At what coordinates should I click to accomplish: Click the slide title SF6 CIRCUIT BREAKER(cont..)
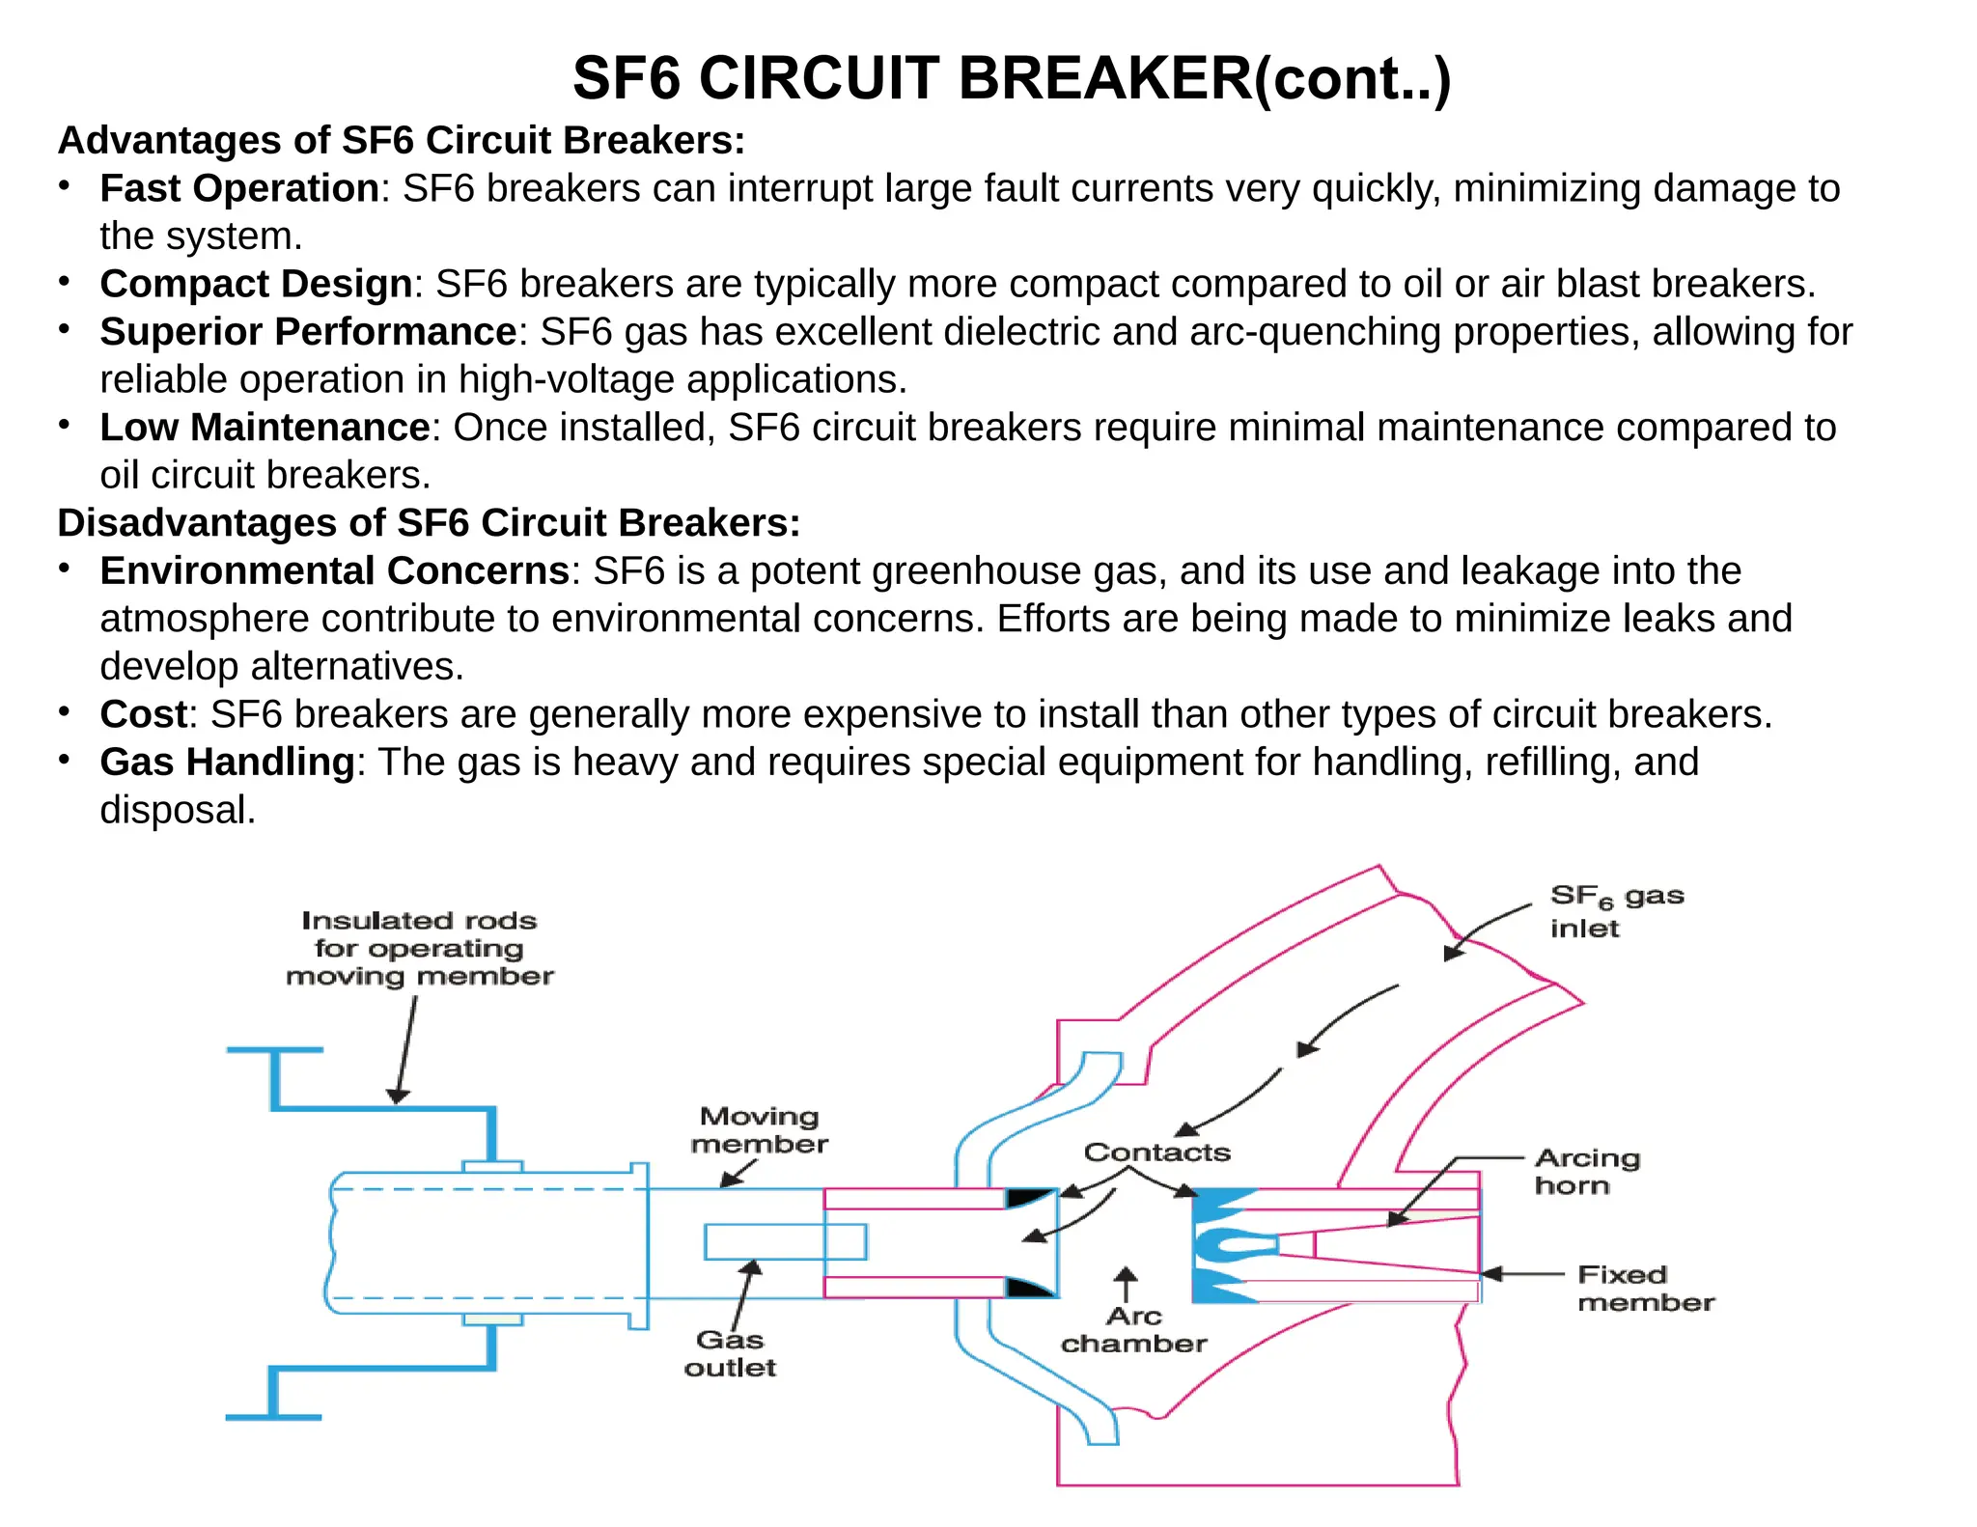tap(1011, 78)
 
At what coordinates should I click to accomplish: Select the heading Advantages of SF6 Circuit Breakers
tap(401, 141)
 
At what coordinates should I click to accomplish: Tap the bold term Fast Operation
tap(239, 188)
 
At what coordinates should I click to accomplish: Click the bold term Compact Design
tap(256, 284)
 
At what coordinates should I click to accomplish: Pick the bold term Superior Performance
tap(308, 332)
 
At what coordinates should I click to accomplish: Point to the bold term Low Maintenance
tap(265, 428)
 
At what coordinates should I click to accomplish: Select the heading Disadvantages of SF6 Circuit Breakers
tap(429, 523)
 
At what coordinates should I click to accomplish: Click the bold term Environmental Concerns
tap(334, 571)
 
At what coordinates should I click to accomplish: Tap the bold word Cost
tap(143, 715)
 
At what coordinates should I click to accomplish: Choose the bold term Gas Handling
tap(227, 763)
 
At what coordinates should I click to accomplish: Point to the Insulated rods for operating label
tap(419, 948)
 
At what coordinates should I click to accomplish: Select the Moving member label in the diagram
tap(759, 1130)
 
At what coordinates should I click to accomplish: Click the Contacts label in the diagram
tap(1156, 1152)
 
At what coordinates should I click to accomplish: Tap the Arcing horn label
tap(1586, 1172)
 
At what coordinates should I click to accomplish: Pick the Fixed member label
tap(1645, 1289)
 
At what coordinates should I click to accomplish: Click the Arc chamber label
tap(1133, 1330)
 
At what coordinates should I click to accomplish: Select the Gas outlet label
tap(730, 1353)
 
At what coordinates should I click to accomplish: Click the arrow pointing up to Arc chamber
tap(1126, 1285)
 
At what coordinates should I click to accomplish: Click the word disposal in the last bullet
tap(177, 811)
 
